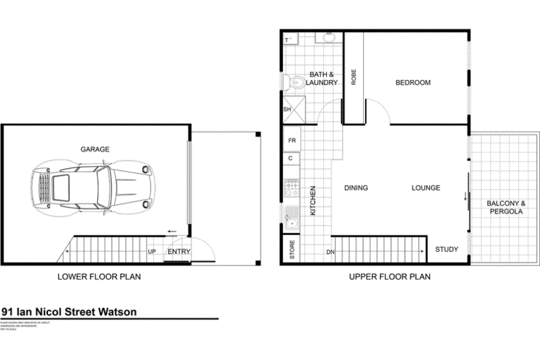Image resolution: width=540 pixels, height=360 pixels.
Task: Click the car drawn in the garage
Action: tap(90, 186)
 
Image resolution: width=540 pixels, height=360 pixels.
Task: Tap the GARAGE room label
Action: tap(95, 149)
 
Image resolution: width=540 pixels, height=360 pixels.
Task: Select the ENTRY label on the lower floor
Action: tap(178, 252)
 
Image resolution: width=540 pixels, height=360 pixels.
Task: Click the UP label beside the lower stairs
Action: tap(152, 252)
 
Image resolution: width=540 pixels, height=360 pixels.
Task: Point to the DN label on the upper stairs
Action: tap(329, 253)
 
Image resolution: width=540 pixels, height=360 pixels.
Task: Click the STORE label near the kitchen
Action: tap(291, 251)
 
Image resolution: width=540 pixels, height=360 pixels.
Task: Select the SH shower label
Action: tap(287, 109)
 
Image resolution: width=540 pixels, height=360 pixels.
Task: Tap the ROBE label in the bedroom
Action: tap(353, 77)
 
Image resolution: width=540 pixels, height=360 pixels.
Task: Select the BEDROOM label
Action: tap(413, 83)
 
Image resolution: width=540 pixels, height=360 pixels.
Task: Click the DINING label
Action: tap(356, 188)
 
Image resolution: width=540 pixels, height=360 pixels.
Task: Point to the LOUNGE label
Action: tap(425, 188)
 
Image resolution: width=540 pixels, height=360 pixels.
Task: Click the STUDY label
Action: tap(447, 249)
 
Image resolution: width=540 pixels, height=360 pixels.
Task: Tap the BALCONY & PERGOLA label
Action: tap(505, 208)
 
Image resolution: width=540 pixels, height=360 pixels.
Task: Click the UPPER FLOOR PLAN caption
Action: tap(389, 277)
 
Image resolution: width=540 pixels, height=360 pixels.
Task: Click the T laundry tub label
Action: tap(287, 39)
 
